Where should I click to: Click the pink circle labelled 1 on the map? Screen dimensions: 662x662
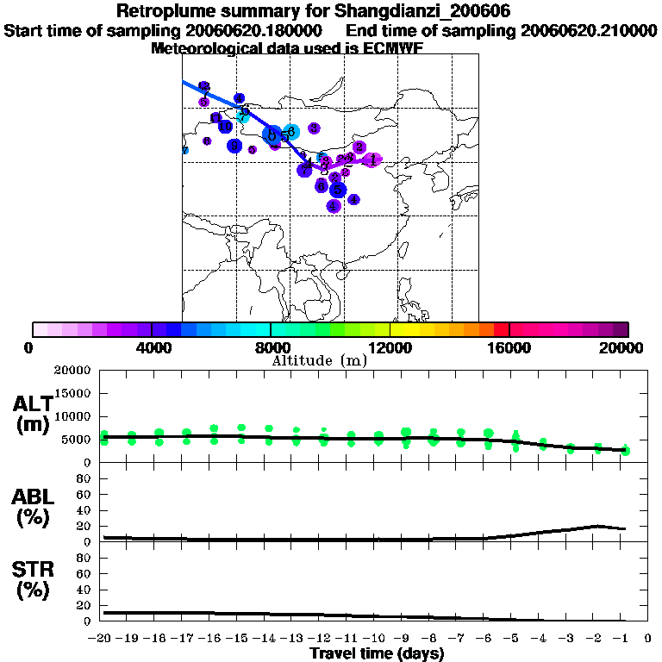372,160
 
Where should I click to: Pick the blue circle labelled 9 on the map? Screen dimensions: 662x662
234,146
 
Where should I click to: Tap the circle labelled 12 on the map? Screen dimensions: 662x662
204,87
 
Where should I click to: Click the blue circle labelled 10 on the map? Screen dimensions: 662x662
225,127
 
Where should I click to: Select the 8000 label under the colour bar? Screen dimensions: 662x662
270,347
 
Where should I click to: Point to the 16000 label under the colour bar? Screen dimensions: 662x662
509,347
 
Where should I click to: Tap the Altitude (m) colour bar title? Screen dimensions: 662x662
319,360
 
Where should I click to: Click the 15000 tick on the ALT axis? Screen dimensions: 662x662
72,393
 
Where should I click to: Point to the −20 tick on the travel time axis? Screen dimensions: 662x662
101,638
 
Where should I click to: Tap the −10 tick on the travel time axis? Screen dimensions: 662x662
376,638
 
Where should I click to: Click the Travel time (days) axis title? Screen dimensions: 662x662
377,653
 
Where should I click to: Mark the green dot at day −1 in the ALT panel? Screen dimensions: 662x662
627,450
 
